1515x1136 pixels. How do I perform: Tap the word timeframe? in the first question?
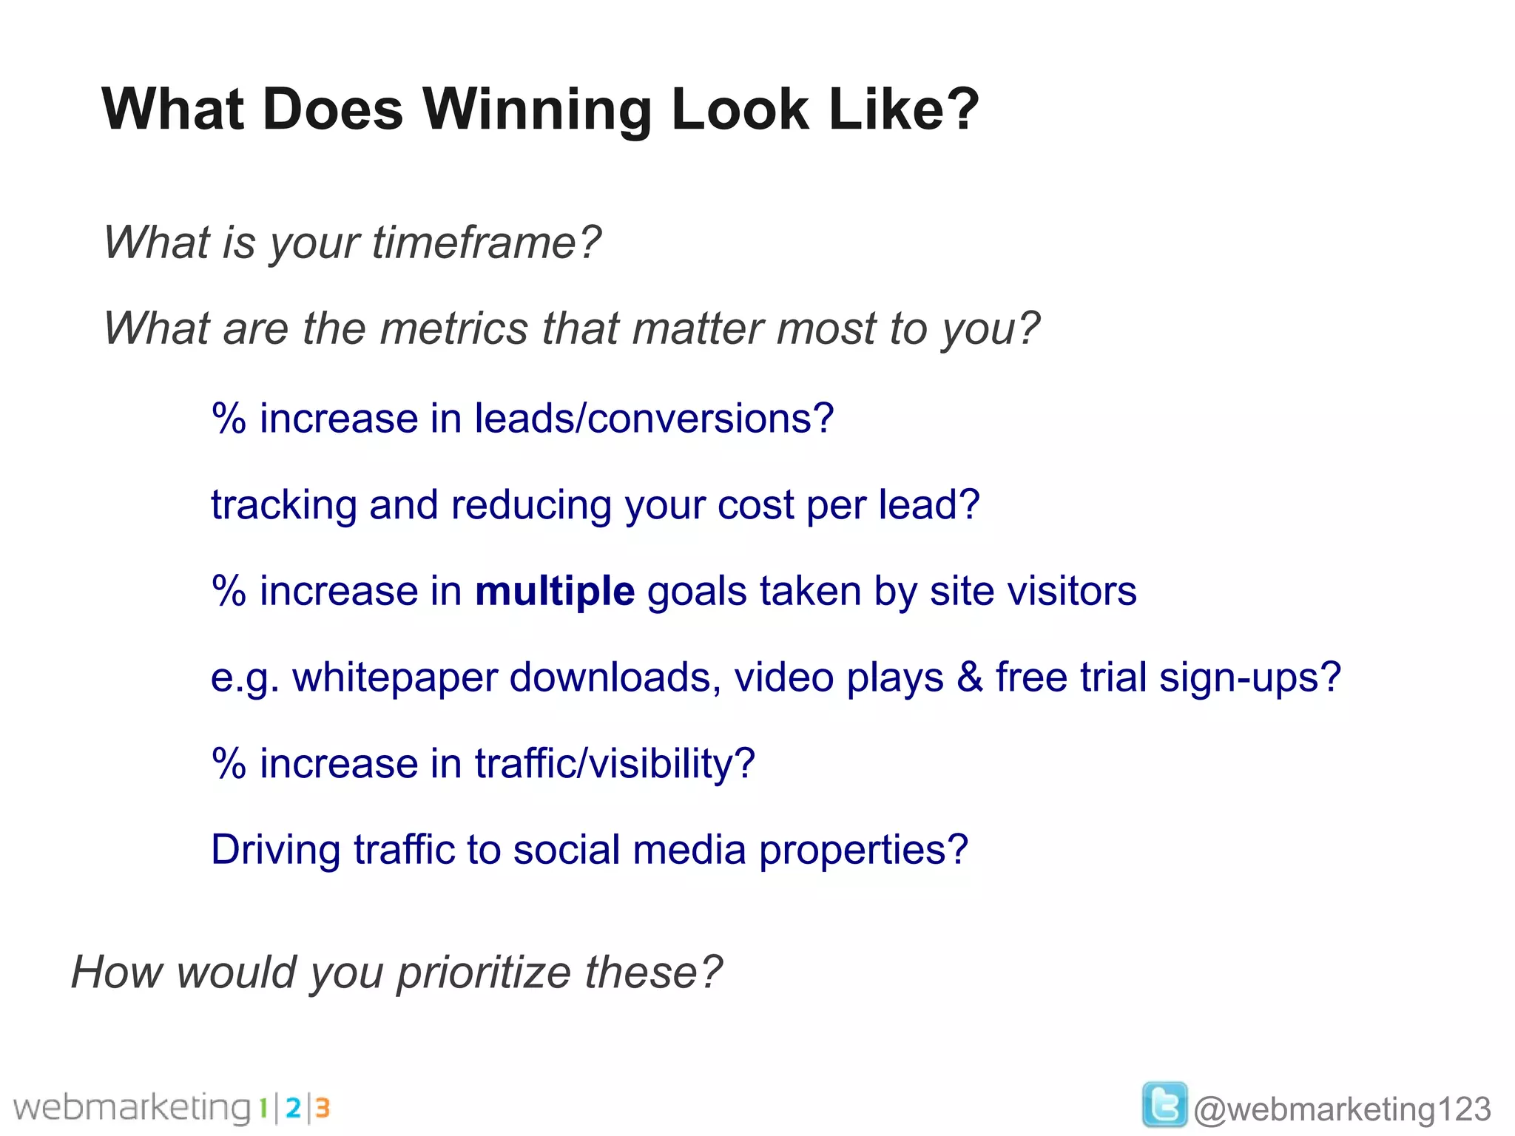click(486, 243)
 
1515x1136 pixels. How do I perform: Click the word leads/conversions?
click(654, 419)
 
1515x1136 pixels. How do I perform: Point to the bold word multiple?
click(554, 592)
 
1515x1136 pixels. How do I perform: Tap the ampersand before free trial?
click(969, 677)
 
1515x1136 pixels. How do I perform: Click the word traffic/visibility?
click(615, 764)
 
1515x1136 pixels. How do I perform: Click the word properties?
click(863, 851)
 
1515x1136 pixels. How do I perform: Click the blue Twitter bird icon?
click(1164, 1104)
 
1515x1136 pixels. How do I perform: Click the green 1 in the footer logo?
click(263, 1108)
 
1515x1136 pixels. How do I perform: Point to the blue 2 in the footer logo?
click(293, 1108)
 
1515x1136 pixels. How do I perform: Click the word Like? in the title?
click(903, 109)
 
